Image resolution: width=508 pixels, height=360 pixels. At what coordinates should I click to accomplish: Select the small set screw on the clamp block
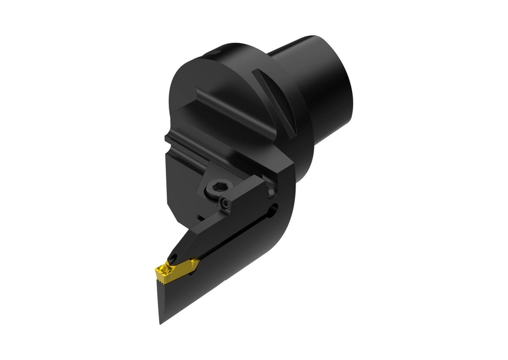point(226,203)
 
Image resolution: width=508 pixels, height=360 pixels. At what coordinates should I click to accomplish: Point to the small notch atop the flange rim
point(214,52)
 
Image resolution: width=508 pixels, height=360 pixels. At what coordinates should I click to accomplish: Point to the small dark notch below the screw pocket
point(199,216)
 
